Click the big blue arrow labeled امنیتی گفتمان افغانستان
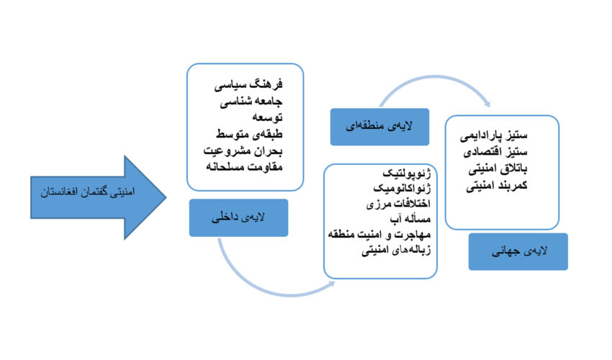[98, 197]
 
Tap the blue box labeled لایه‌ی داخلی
[238, 218]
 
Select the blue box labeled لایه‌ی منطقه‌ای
[379, 127]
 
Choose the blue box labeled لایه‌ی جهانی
[518, 252]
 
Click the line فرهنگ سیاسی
[248, 85]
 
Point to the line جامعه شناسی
[251, 102]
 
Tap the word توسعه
[267, 117]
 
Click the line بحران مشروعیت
[243, 150]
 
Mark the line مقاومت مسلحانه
[244, 167]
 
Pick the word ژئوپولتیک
[407, 173]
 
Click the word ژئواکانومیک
[402, 189]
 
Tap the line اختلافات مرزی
[398, 204]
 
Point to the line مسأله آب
[410, 219]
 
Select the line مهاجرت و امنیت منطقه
[379, 234]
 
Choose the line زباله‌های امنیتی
[396, 250]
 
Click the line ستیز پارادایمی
[494, 136]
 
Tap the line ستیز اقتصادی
[495, 152]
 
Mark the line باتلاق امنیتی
[498, 168]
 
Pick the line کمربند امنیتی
[497, 185]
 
